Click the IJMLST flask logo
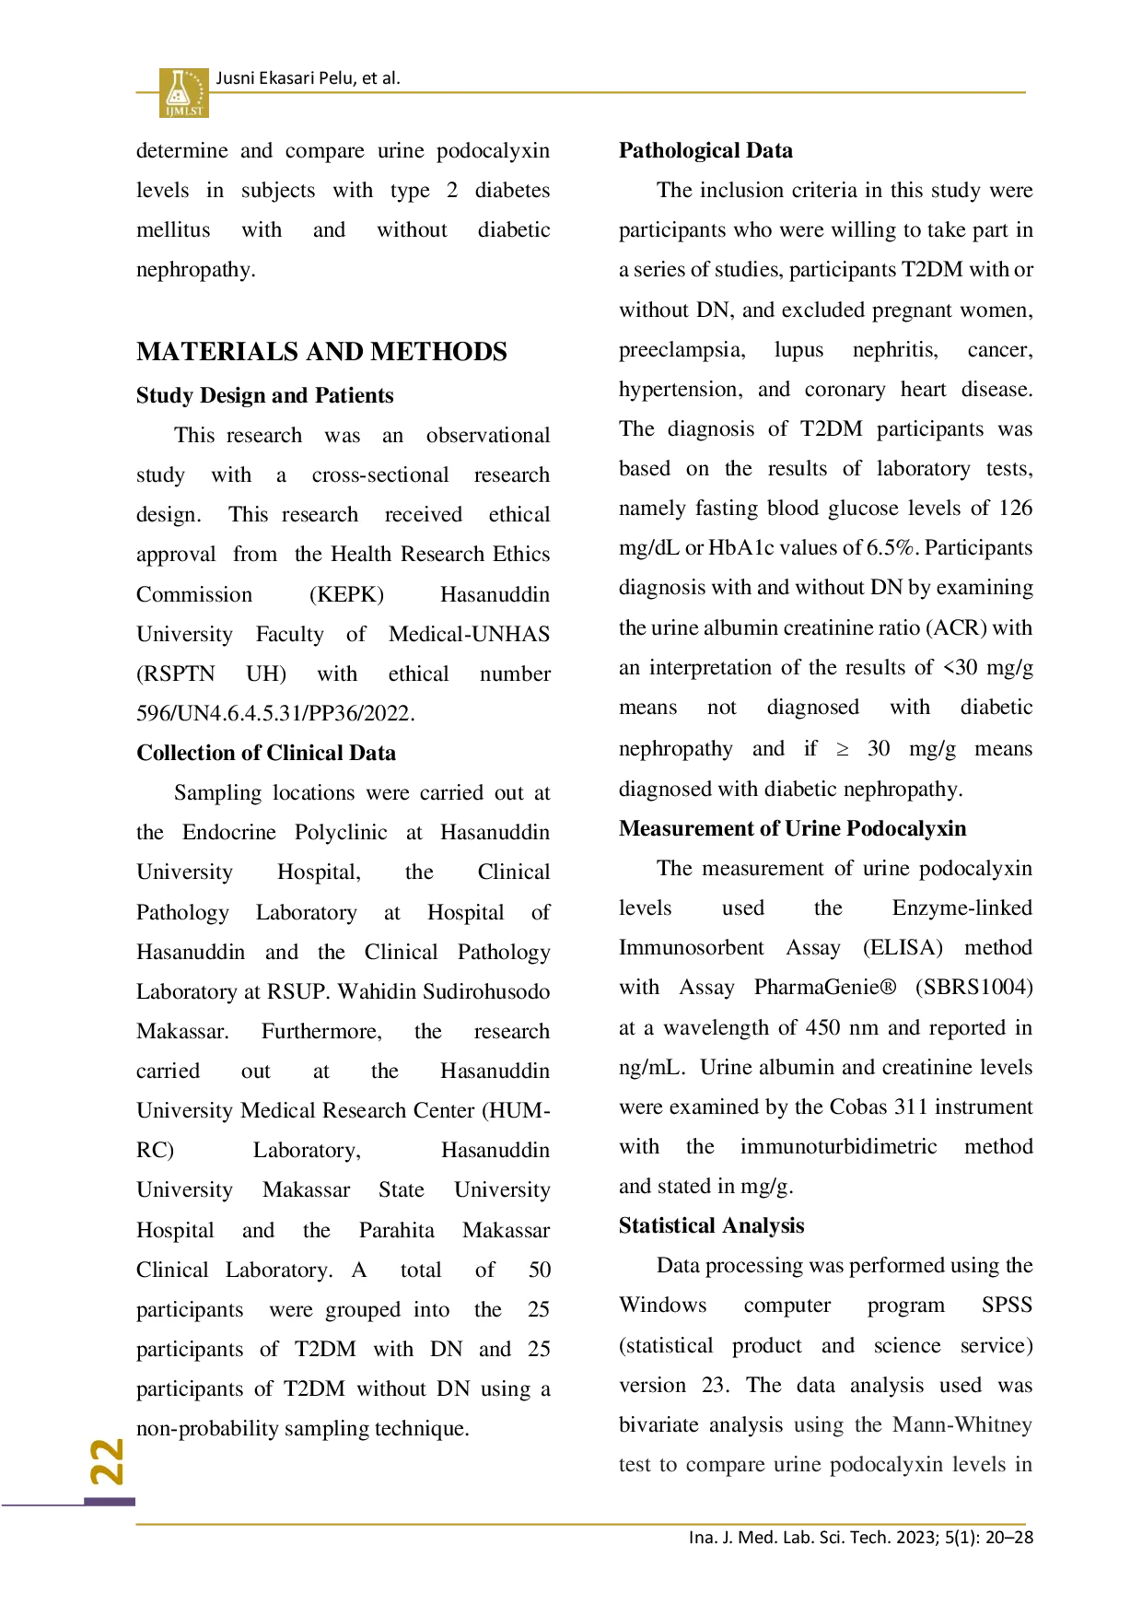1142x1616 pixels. [x=183, y=92]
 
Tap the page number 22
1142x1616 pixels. [x=108, y=1461]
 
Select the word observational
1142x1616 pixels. [x=488, y=435]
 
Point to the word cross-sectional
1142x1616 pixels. [x=380, y=474]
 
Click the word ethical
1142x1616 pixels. [x=519, y=514]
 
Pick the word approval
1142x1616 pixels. [x=176, y=554]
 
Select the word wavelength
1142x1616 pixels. [x=716, y=1027]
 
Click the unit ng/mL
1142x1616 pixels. [x=650, y=1067]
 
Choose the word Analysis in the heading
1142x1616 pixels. [x=763, y=1225]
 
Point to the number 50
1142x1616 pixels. [x=540, y=1270]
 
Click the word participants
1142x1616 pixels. [x=190, y=1309]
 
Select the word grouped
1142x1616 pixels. [x=363, y=1309]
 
